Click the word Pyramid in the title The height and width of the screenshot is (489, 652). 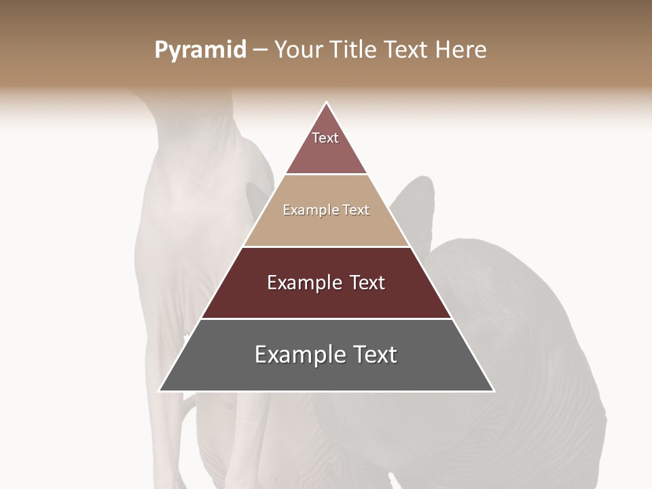click(x=200, y=50)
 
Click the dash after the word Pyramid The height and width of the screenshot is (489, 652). click(x=260, y=50)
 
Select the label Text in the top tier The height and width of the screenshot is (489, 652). click(x=325, y=138)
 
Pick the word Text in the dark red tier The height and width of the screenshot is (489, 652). click(x=367, y=283)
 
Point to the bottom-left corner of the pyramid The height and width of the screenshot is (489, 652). click(x=160, y=391)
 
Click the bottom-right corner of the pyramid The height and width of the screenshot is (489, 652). click(x=493, y=391)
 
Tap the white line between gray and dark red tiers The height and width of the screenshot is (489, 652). click(x=327, y=319)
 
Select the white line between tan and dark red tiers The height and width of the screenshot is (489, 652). click(x=327, y=247)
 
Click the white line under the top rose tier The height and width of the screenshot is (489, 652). click(x=327, y=175)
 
